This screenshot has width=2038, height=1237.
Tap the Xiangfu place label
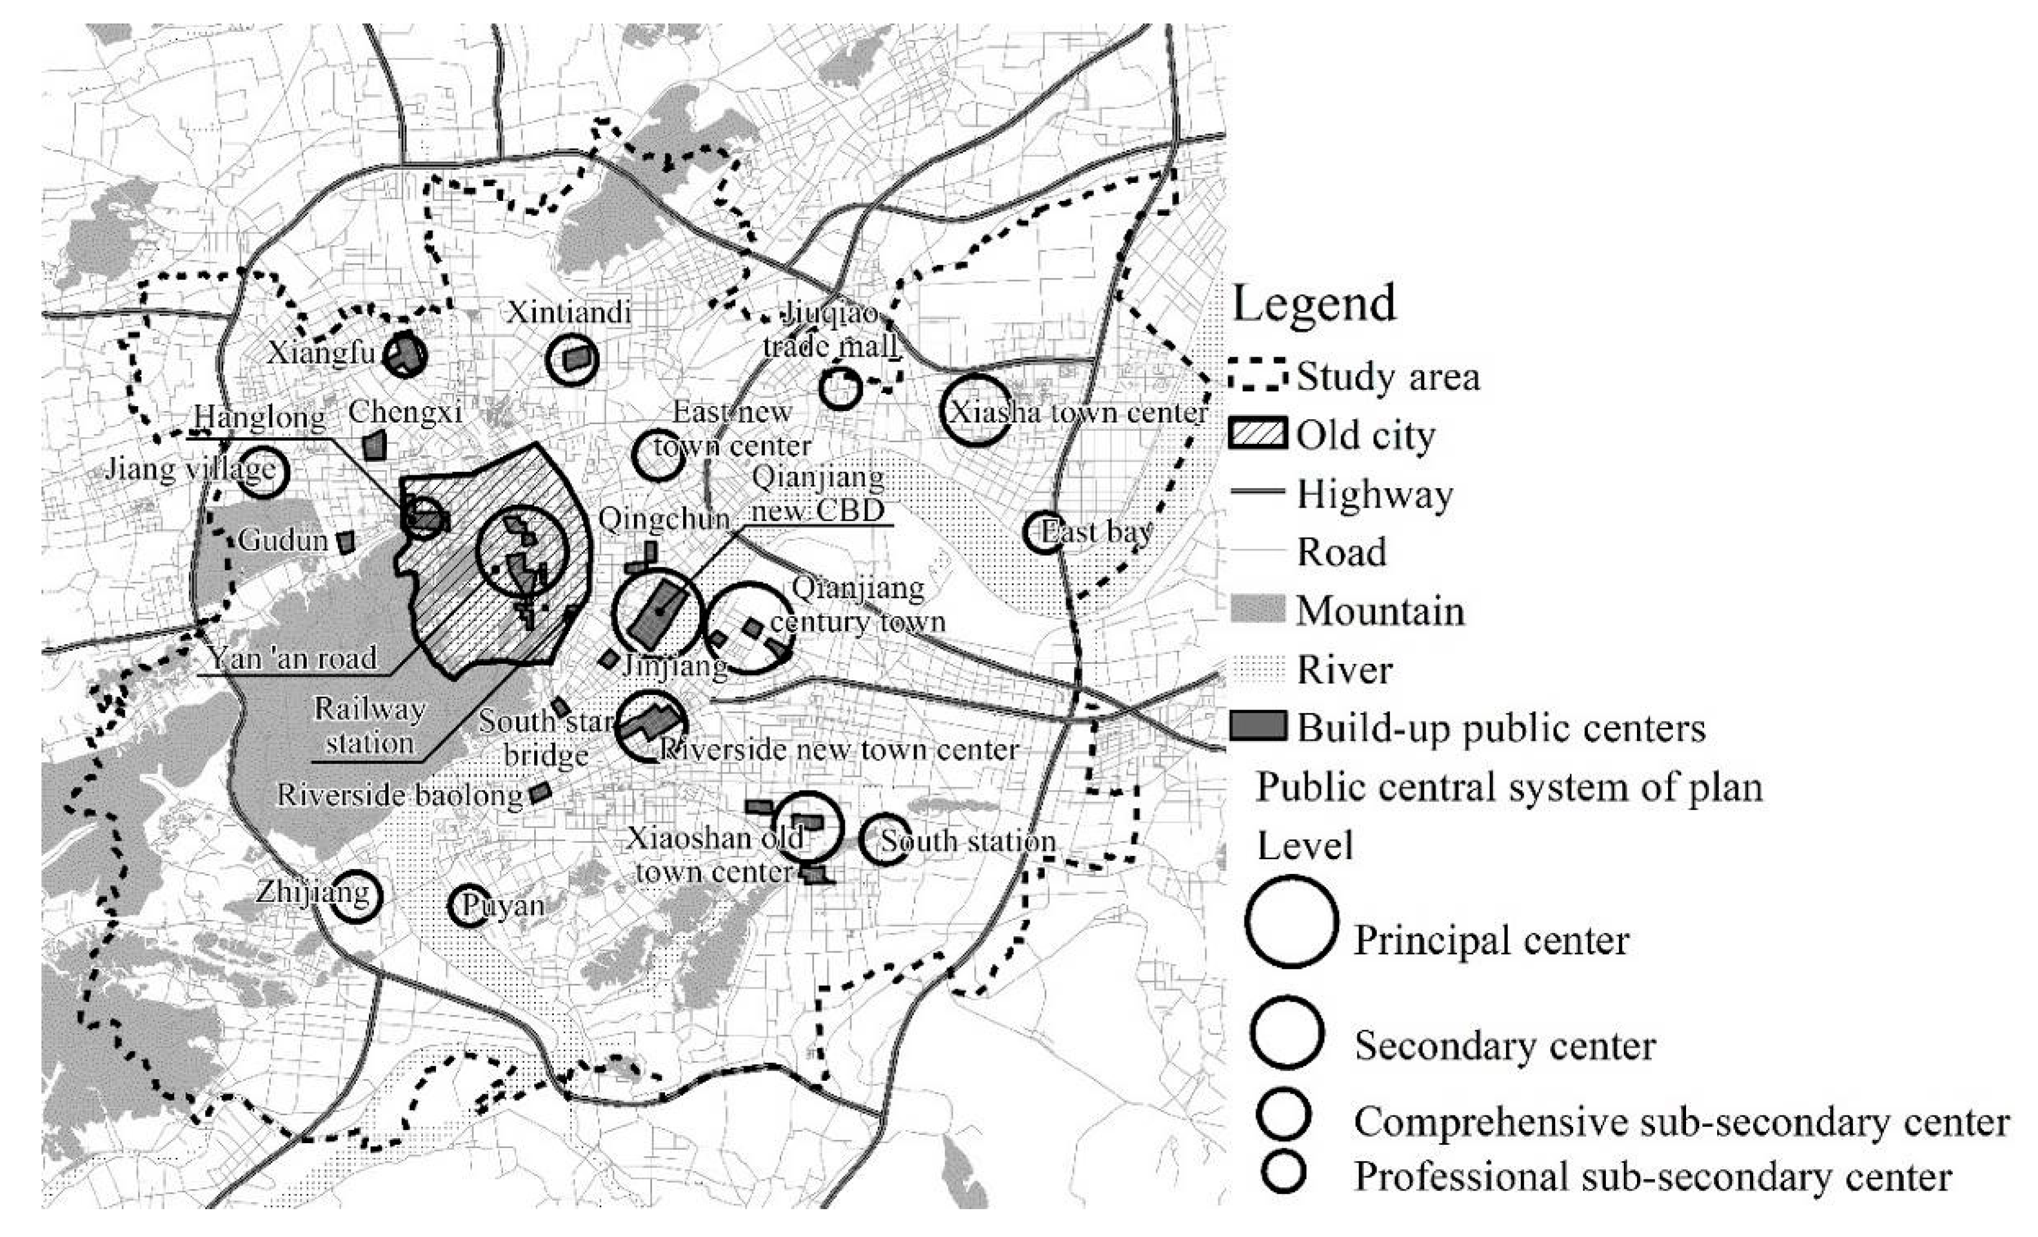point(321,353)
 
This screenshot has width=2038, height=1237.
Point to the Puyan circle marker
point(468,907)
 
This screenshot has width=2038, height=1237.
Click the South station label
point(968,841)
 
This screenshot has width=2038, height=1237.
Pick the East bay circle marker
point(1044,533)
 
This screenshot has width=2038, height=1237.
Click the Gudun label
point(283,540)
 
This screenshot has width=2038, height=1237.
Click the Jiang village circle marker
point(262,472)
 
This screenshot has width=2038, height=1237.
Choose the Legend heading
point(1313,303)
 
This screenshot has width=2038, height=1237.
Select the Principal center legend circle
point(1290,921)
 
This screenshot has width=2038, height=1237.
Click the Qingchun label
point(664,519)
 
